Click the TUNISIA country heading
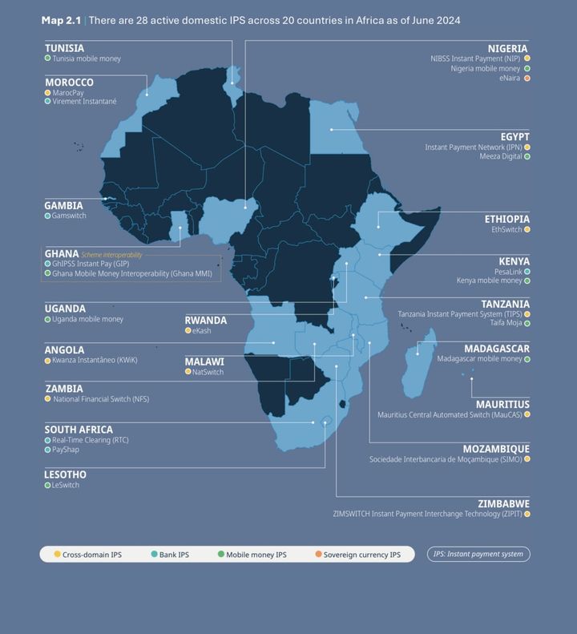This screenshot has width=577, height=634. tap(64, 48)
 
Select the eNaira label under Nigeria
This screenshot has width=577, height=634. tap(510, 79)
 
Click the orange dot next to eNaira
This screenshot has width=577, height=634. tap(527, 79)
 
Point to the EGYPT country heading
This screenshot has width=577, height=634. tap(514, 137)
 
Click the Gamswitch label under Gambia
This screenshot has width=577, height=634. tap(69, 216)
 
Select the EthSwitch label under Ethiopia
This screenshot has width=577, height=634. tap(506, 230)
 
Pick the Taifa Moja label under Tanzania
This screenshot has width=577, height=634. tap(506, 323)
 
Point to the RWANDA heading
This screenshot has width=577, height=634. tap(205, 321)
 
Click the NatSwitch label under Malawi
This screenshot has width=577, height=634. tap(208, 372)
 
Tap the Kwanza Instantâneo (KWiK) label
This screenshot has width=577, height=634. tap(95, 361)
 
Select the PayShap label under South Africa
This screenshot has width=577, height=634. tap(66, 450)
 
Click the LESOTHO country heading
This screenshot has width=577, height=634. tap(65, 474)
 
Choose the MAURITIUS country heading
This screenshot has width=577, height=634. tap(502, 405)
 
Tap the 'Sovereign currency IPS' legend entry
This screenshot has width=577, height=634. tap(361, 555)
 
